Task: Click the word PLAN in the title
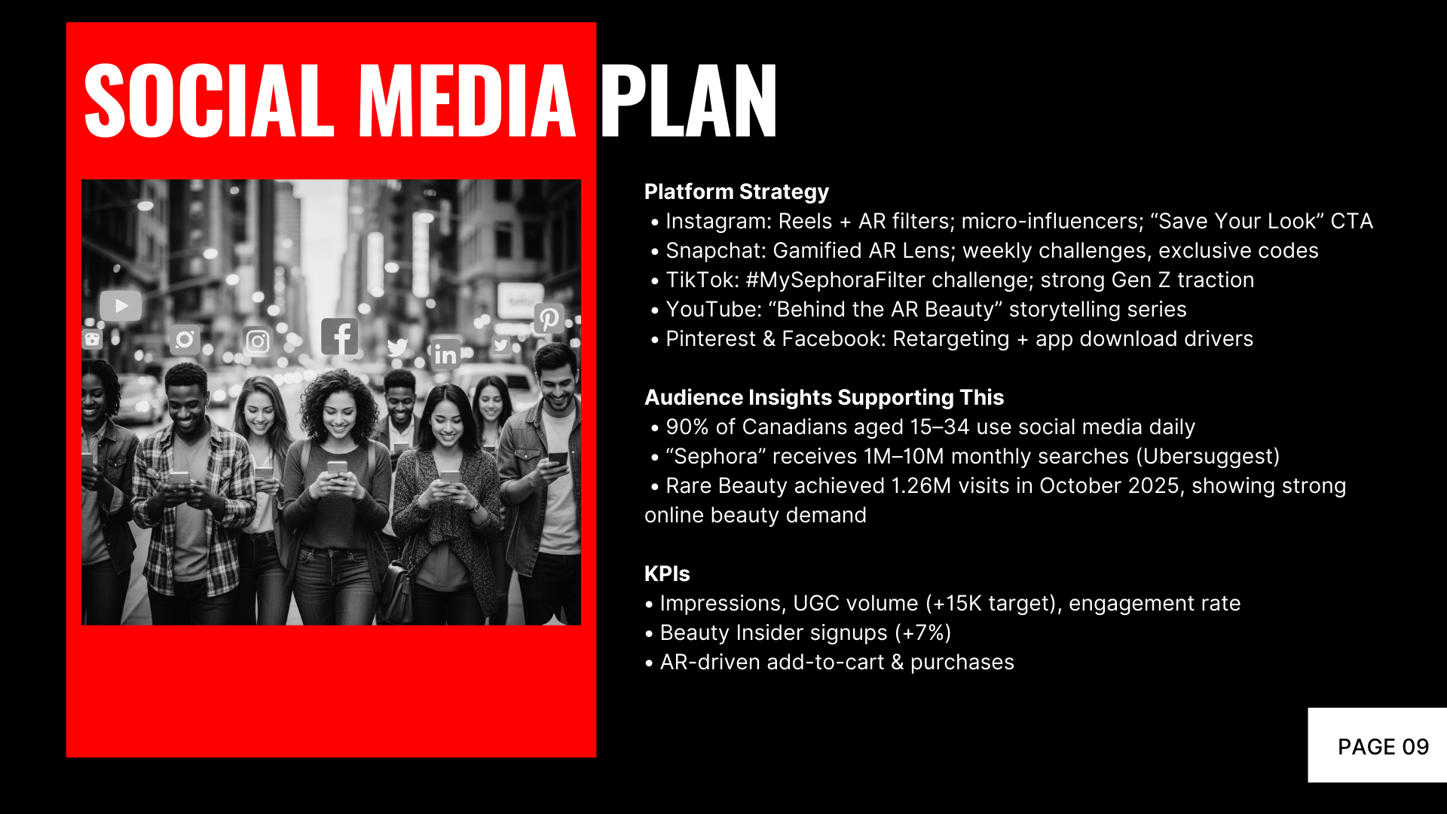coord(688,100)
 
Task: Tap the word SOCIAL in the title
coord(209,100)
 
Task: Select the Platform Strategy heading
coord(736,192)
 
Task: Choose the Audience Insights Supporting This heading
coord(824,397)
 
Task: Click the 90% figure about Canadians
coord(687,427)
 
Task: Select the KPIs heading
coord(667,574)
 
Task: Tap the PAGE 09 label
coord(1383,747)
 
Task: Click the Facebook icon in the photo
coord(340,336)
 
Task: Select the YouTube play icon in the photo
coord(121,306)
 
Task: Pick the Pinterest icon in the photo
coord(549,319)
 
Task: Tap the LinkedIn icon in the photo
coord(445,353)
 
